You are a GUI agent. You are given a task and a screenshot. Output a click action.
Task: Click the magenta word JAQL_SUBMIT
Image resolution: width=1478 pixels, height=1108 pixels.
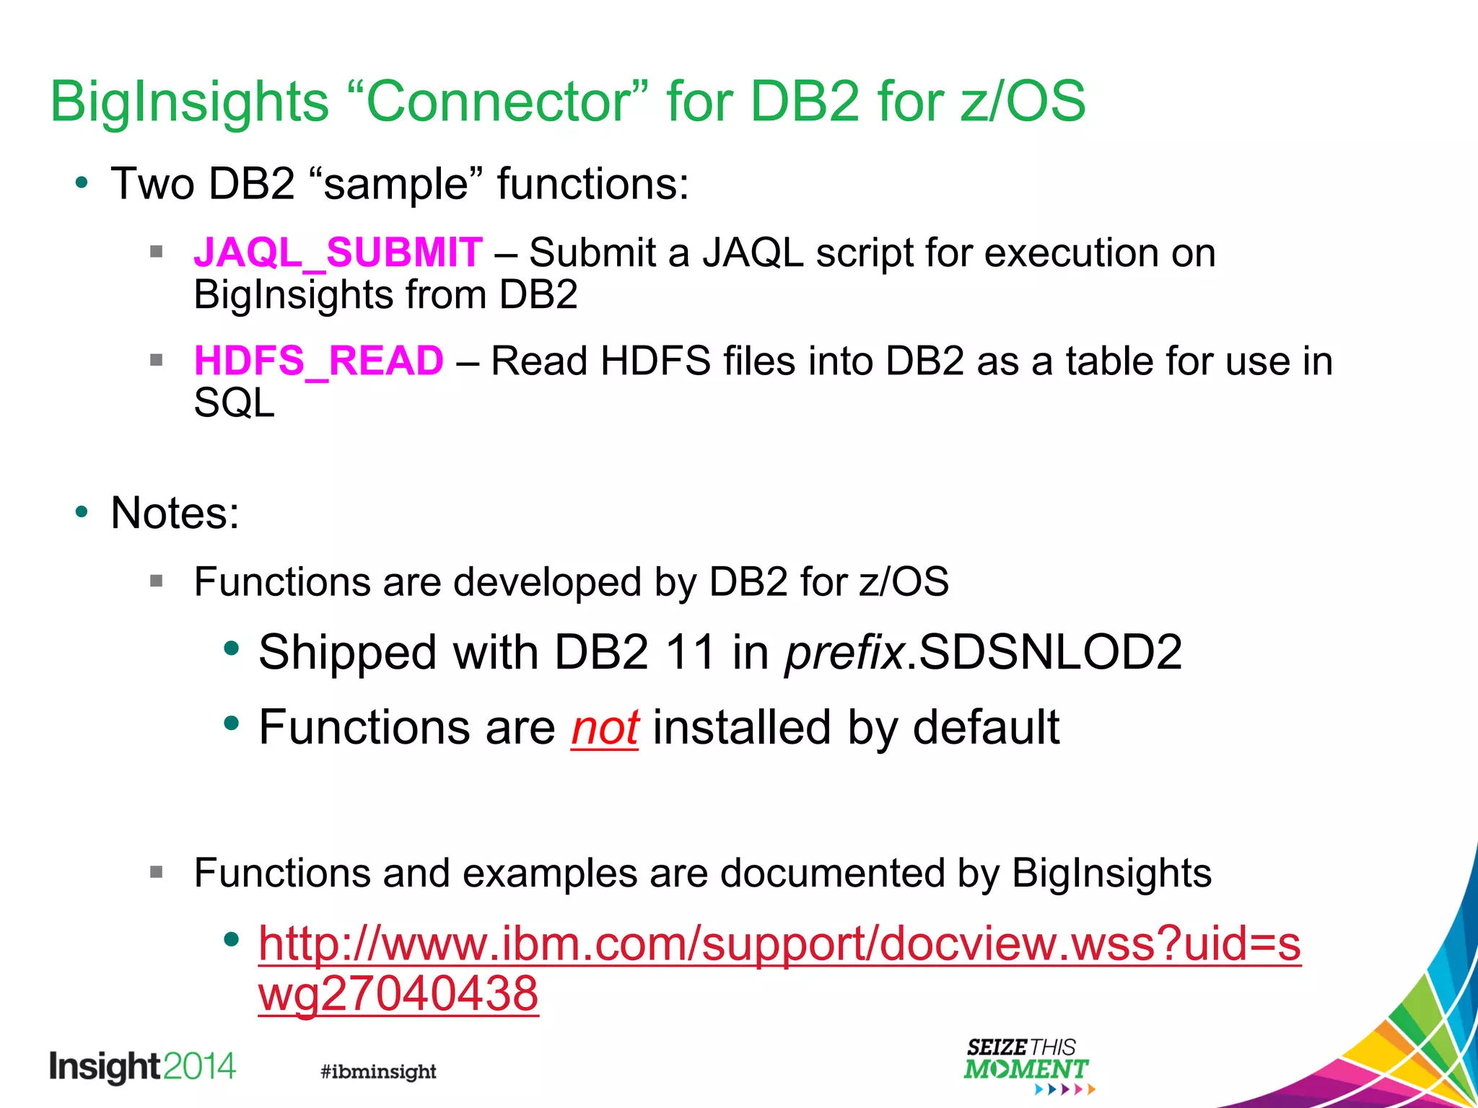tap(338, 253)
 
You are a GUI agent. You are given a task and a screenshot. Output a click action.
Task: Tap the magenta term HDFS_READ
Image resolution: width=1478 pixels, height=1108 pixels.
tap(318, 361)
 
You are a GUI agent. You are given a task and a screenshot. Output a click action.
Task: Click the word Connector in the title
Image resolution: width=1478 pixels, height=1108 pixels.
tap(499, 101)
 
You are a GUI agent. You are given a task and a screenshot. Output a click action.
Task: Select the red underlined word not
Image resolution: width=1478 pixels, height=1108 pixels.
tap(605, 727)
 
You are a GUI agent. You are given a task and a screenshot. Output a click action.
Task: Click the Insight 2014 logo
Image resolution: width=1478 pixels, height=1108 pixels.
tap(142, 1067)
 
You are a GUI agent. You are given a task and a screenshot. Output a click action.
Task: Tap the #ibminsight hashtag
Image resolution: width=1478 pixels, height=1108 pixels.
tap(378, 1071)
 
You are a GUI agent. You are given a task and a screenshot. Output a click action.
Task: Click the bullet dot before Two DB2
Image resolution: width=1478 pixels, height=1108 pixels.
tap(82, 183)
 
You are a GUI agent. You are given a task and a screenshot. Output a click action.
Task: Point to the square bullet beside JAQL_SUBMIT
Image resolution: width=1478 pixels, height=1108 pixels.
tap(157, 252)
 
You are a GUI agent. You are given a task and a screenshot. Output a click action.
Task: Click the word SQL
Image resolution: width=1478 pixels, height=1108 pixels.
tap(234, 403)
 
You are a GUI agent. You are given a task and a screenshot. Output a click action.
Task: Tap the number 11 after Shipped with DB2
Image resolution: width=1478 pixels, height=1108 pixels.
tap(689, 652)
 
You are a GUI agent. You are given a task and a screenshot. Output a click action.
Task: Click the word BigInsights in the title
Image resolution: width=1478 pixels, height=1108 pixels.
tap(189, 101)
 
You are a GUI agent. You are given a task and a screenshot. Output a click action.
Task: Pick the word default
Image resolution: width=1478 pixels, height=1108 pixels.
tap(986, 727)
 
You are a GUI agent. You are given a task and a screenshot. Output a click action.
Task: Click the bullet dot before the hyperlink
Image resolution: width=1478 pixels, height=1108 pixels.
tap(231, 939)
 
